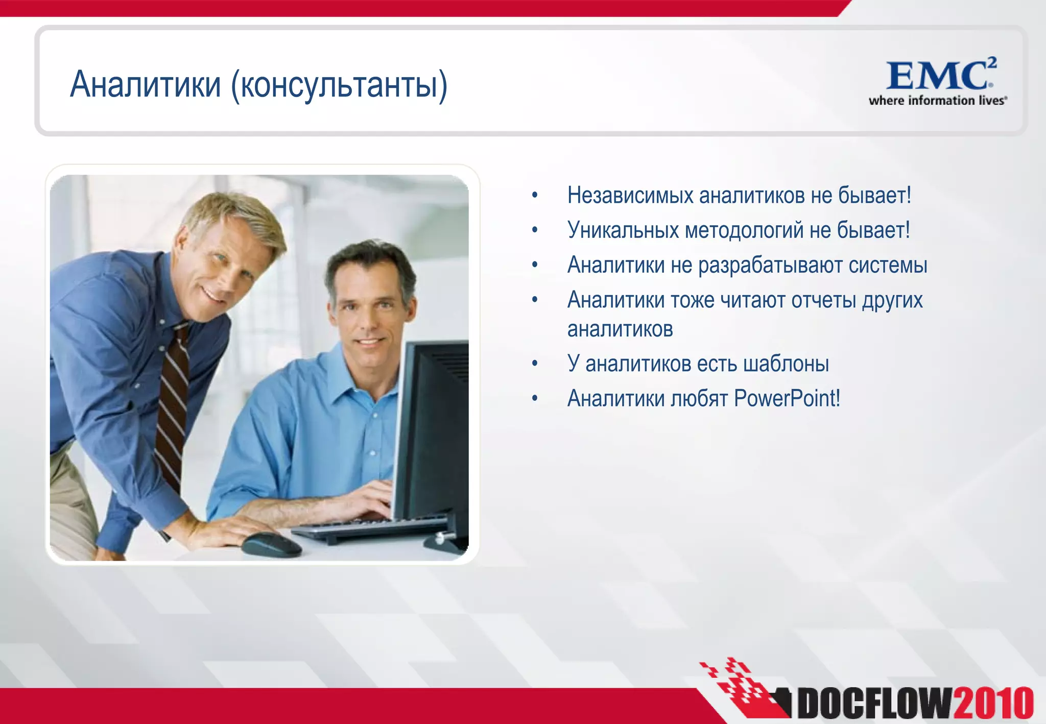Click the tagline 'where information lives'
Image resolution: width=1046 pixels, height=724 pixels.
click(x=937, y=101)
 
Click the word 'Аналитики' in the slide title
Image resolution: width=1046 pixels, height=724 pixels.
click(x=145, y=84)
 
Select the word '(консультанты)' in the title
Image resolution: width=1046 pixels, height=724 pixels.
click(x=339, y=85)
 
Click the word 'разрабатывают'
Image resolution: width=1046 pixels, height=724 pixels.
click(x=770, y=266)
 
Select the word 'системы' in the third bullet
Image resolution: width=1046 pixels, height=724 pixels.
click(x=888, y=266)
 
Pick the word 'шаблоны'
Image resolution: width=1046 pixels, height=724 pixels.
click(x=786, y=364)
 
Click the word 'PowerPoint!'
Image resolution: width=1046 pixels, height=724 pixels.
click(x=787, y=399)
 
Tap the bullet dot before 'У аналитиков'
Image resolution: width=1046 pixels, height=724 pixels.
click(x=535, y=364)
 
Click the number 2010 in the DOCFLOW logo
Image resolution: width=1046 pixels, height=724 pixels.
click(x=993, y=704)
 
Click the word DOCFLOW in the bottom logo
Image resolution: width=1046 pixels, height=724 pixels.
click(x=874, y=704)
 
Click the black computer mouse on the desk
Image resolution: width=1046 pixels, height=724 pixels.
click(x=271, y=545)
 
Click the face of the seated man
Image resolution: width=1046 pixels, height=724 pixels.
click(x=368, y=317)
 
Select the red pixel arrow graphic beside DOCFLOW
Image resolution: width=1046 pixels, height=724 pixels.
click(x=741, y=687)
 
